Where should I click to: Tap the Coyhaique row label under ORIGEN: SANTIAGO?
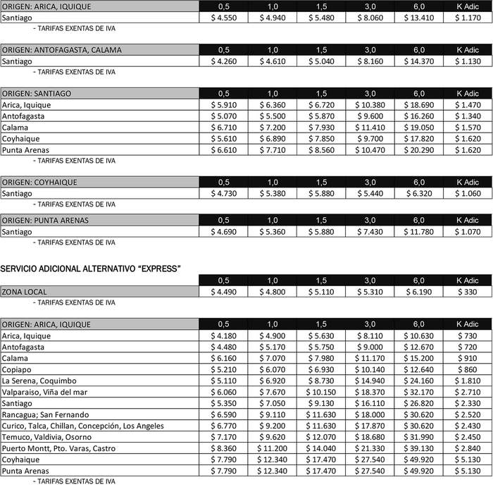pyautogui.click(x=20, y=139)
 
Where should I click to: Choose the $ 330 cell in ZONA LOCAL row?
pyautogui.click(x=468, y=292)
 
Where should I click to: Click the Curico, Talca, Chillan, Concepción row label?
pyautogui.click(x=82, y=426)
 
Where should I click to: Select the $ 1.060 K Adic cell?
pyautogui.click(x=468, y=193)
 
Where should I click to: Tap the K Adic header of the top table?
pyautogui.click(x=468, y=7)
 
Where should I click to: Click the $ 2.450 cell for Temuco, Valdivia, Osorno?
pyautogui.click(x=468, y=437)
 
